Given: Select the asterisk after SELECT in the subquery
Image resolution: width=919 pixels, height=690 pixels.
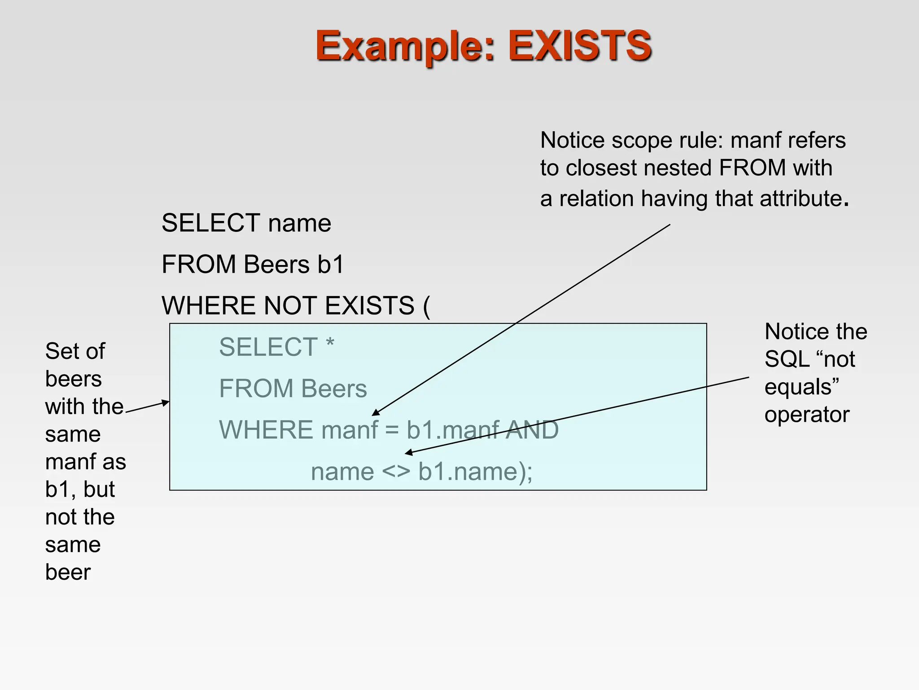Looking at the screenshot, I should [x=330, y=344].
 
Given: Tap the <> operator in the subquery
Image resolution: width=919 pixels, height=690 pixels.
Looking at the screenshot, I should [x=396, y=472].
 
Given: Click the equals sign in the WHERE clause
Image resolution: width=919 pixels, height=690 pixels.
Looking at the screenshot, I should [x=392, y=430].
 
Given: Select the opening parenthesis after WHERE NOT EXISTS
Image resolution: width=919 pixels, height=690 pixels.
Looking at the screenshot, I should [x=426, y=306].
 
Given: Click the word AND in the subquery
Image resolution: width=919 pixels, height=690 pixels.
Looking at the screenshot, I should [x=532, y=430].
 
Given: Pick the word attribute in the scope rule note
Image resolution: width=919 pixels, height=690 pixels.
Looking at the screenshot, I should [x=801, y=198].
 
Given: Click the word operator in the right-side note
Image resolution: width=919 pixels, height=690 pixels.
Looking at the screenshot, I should [x=807, y=415].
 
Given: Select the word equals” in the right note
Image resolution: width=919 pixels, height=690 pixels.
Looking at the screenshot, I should [x=801, y=387].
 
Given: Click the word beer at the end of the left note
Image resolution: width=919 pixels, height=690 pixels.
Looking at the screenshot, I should [x=68, y=572].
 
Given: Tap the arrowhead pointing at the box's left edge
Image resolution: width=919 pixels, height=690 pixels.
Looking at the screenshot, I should [x=166, y=402].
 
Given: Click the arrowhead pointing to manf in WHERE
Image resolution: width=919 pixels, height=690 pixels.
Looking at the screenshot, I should [x=376, y=413].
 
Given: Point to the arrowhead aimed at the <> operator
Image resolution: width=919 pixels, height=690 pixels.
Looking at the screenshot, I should [x=408, y=452].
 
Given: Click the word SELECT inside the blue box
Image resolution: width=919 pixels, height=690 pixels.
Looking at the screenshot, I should [x=268, y=347].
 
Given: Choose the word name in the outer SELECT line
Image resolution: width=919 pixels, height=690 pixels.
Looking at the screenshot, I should [x=299, y=223].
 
